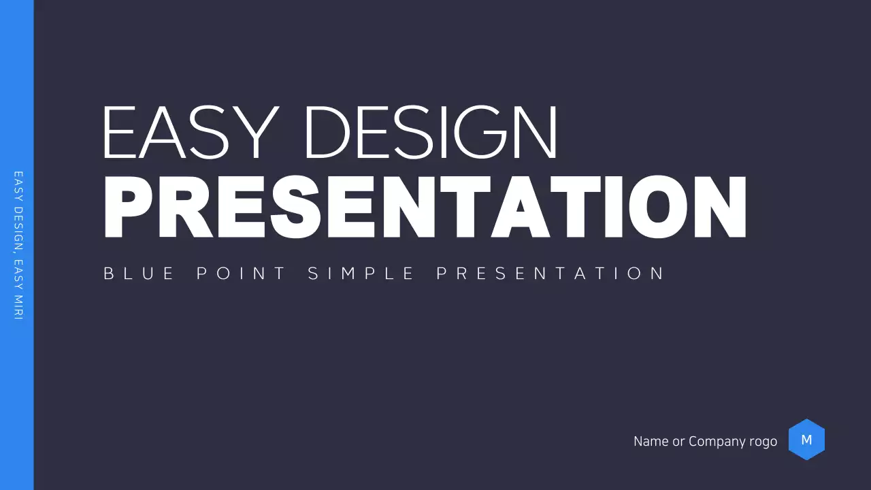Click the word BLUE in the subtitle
(139, 274)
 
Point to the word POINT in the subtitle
(241, 274)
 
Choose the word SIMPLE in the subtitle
(361, 274)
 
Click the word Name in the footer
(651, 441)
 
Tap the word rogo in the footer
(761, 442)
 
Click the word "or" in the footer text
(678, 442)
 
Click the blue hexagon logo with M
(807, 440)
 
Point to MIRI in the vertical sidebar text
(18, 307)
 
